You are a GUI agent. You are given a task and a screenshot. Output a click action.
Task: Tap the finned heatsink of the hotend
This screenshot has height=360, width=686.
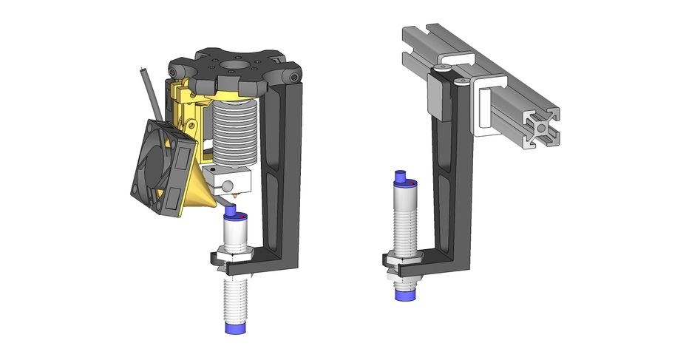233,134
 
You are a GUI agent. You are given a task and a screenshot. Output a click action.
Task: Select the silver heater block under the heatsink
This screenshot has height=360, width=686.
229,178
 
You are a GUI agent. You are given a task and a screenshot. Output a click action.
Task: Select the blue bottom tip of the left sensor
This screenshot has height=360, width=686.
236,326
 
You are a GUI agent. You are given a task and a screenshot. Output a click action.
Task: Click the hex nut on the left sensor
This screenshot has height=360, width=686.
232,257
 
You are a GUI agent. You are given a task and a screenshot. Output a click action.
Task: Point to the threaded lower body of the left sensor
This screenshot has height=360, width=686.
235,296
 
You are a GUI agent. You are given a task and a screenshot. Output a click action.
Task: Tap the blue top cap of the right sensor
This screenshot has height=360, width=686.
403,178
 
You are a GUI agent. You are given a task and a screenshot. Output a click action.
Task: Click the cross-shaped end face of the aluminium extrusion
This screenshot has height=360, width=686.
543,127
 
